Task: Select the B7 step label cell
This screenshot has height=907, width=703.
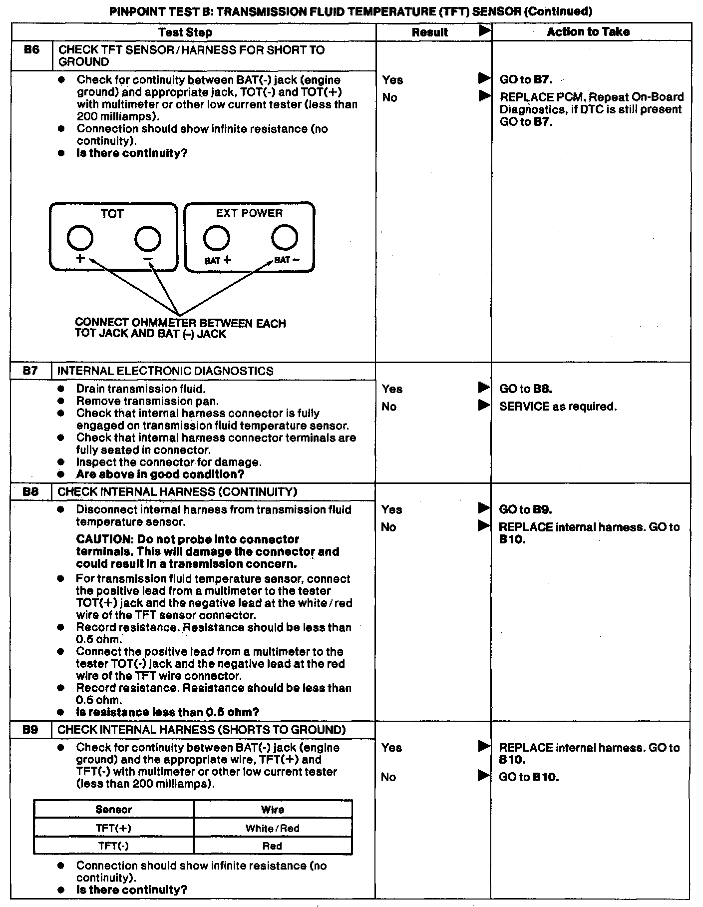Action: (x=30, y=371)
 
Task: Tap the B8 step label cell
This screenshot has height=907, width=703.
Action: (x=30, y=491)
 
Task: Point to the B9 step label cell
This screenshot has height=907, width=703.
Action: (x=30, y=730)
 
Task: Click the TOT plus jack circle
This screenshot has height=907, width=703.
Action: (x=80, y=238)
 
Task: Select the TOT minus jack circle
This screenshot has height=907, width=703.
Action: (x=148, y=238)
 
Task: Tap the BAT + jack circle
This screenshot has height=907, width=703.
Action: (x=216, y=238)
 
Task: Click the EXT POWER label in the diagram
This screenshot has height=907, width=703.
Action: (x=249, y=213)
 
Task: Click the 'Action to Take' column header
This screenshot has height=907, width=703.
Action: (x=588, y=32)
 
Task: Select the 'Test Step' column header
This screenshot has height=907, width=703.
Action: (x=185, y=32)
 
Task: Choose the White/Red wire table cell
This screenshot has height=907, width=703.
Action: (x=272, y=828)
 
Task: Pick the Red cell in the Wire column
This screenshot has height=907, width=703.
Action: (x=272, y=846)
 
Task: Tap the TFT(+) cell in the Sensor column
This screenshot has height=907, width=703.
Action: (x=113, y=828)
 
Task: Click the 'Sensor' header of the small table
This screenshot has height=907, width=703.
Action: (x=113, y=810)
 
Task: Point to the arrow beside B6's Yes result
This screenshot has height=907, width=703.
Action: (x=484, y=78)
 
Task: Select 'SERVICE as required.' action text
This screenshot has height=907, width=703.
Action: (x=558, y=407)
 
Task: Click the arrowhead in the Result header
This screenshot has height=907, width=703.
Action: (x=484, y=31)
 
